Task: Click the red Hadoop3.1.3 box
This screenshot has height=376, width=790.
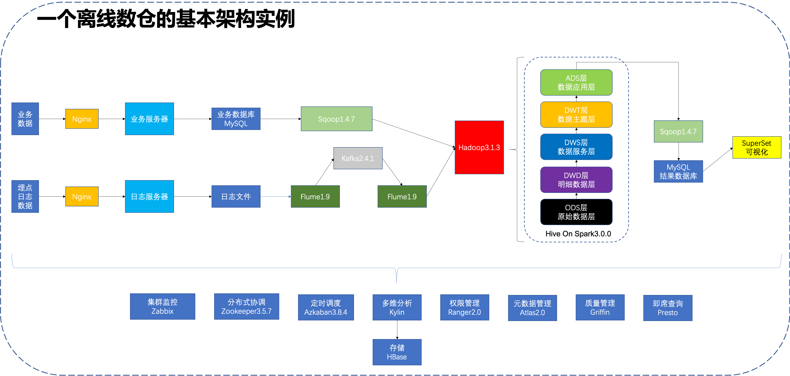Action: click(x=479, y=147)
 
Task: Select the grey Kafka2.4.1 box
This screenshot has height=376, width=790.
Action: click(x=358, y=158)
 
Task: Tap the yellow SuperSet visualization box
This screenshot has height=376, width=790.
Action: click(x=757, y=147)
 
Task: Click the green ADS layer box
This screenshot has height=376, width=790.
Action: click(x=576, y=82)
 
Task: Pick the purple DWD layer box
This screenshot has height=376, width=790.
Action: click(x=576, y=180)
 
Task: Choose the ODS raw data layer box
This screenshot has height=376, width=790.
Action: click(x=576, y=212)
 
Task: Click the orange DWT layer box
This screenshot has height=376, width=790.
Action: click(x=576, y=115)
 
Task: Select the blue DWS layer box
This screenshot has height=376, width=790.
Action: click(x=576, y=147)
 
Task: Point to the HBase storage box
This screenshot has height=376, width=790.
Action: click(x=397, y=352)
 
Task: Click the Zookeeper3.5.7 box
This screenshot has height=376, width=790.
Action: click(x=246, y=306)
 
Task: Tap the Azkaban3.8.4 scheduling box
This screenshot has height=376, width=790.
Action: click(x=326, y=307)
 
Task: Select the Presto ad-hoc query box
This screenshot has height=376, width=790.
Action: click(x=668, y=308)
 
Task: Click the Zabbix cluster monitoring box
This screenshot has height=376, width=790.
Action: click(x=162, y=306)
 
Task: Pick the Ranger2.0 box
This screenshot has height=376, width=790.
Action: click(x=464, y=307)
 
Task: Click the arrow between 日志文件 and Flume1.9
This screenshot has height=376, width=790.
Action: click(x=275, y=197)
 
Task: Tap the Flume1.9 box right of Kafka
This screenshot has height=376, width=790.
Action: click(x=402, y=197)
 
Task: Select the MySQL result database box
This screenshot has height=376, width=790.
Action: click(x=678, y=171)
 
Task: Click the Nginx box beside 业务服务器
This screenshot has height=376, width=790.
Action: click(x=82, y=119)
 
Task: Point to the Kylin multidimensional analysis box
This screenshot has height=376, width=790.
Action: click(x=397, y=307)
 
